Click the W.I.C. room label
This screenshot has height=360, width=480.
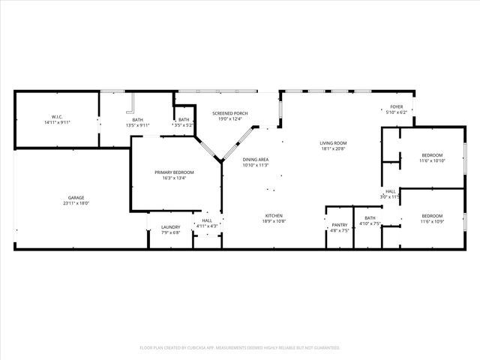click(56, 117)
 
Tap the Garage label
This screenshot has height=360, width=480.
click(76, 198)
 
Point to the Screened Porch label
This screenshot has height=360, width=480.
click(229, 113)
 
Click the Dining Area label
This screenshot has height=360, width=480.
click(256, 160)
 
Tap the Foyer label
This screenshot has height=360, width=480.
click(396, 107)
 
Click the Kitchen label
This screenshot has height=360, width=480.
click(272, 216)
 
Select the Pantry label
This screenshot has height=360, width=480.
click(340, 224)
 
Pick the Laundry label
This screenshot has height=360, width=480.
click(170, 227)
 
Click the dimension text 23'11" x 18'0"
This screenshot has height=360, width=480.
click(76, 203)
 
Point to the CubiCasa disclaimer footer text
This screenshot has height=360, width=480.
click(240, 348)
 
